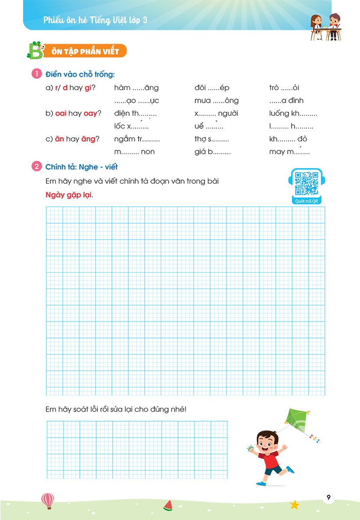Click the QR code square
click(307, 183)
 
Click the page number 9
click(328, 497)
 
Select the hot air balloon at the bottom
click(47, 500)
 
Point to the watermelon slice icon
click(168, 505)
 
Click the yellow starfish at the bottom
click(295, 504)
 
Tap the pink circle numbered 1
click(37, 75)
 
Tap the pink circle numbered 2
click(37, 167)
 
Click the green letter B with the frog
click(33, 50)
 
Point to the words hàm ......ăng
click(136, 88)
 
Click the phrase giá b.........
click(212, 152)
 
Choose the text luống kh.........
click(293, 114)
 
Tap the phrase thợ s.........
click(211, 139)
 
